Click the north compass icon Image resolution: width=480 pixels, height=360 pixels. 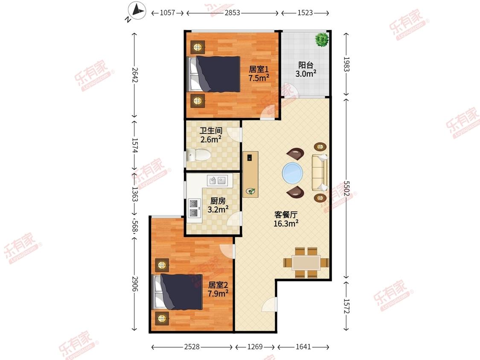pyautogui.click(x=137, y=11)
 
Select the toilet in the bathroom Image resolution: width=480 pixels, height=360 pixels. pyautogui.click(x=198, y=155)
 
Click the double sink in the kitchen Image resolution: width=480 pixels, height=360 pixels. pyautogui.click(x=217, y=180)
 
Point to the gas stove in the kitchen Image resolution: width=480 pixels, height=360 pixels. pyautogui.click(x=193, y=208)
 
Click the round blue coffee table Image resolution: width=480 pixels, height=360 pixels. pyautogui.click(x=293, y=172)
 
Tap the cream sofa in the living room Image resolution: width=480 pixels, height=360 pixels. pyautogui.click(x=320, y=172)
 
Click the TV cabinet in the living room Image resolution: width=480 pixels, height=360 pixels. pyautogui.click(x=250, y=174)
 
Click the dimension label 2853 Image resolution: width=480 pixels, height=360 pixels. pyautogui.click(x=233, y=13)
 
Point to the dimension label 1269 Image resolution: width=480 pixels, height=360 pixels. pyautogui.click(x=255, y=347)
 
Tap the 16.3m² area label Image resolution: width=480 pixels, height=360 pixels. pyautogui.click(x=286, y=224)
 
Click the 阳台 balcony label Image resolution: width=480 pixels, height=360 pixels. pyautogui.click(x=306, y=65)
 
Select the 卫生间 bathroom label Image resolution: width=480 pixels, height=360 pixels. pyautogui.click(x=211, y=131)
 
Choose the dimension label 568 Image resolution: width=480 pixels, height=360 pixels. pyautogui.click(x=135, y=226)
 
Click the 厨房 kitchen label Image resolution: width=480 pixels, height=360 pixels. pyautogui.click(x=218, y=201)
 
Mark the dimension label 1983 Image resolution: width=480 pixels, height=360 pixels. pyautogui.click(x=346, y=64)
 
